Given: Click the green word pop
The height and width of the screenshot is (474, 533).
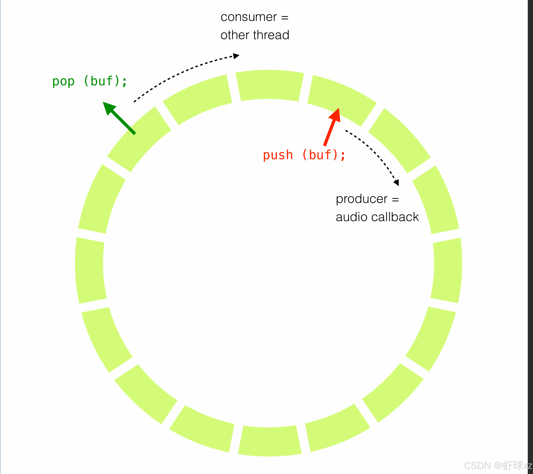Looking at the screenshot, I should pos(63,82).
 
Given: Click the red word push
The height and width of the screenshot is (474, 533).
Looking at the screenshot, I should pos(278,155).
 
